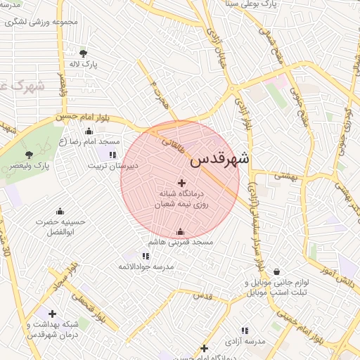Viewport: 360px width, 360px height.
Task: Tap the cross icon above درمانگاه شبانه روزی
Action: tap(181, 183)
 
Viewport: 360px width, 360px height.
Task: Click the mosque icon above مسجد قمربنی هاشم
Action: tap(180, 232)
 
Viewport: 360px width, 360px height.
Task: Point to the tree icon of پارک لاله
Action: tap(84, 53)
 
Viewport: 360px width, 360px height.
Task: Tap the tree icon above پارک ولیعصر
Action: tap(29, 155)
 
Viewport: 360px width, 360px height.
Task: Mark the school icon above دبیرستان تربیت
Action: tap(112, 155)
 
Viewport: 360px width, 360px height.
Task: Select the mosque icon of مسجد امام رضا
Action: tap(89, 131)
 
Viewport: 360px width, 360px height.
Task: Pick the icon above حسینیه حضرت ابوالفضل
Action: tap(60, 211)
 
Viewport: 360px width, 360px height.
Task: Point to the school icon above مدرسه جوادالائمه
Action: tap(145, 257)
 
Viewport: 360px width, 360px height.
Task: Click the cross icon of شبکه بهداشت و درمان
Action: tap(53, 314)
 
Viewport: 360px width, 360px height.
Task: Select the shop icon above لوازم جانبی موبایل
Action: tap(276, 271)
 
